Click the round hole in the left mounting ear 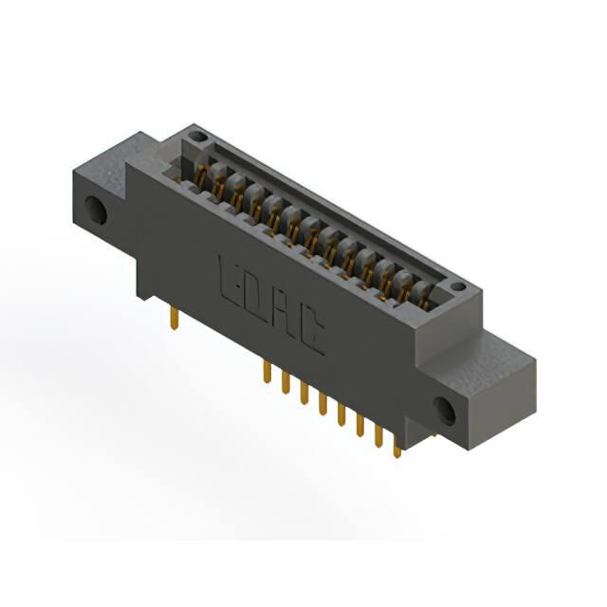point(96,210)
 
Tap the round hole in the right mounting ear point(445,411)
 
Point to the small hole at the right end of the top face point(458,286)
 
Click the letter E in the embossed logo point(230,283)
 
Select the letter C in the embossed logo point(310,332)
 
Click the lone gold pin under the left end point(175,318)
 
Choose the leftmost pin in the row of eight point(267,372)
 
